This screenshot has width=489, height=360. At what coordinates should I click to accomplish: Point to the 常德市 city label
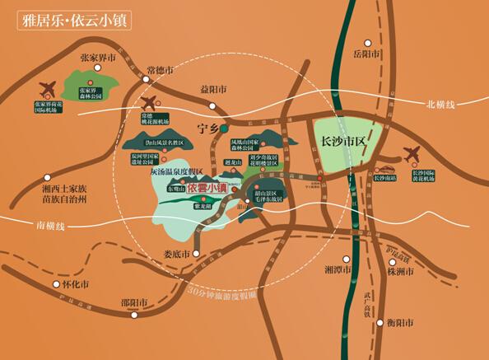[160, 72]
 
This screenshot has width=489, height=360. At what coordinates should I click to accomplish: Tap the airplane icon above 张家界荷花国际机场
[48, 88]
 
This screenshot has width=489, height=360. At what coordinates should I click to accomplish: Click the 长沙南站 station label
[385, 177]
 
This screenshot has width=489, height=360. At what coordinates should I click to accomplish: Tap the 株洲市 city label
[408, 270]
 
